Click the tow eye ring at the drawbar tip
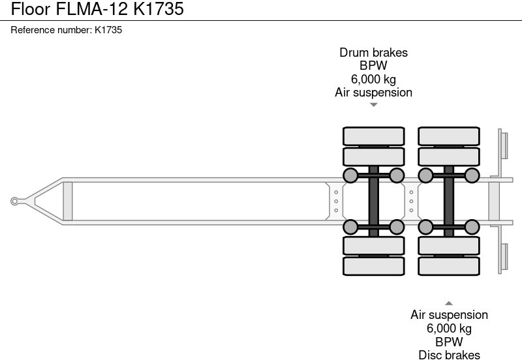14,201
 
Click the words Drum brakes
373,53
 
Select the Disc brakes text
449,355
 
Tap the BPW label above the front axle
373,66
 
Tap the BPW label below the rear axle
449,342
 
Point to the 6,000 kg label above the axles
373,79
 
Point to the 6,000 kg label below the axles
449,329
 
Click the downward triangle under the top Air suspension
373,105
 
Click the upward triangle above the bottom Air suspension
449,303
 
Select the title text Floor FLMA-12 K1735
93,9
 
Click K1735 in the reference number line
108,30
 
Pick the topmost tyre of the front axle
373,136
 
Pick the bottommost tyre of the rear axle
449,266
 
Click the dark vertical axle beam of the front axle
373,201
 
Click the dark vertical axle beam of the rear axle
449,201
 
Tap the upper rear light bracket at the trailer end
503,143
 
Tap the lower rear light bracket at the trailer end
503,258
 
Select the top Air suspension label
373,92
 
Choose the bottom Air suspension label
449,316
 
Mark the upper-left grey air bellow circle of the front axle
350,175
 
